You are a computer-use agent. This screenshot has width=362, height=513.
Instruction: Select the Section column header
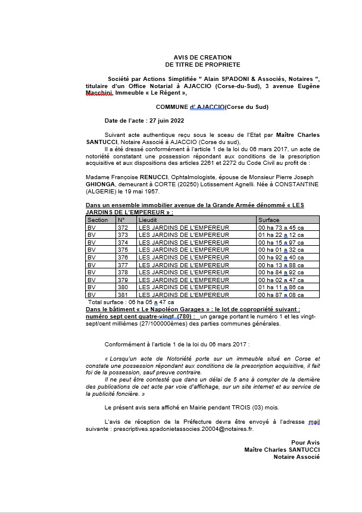click(98, 220)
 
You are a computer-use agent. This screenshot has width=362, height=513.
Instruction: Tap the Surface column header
click(269, 220)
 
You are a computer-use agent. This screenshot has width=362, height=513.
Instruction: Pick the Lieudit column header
click(148, 220)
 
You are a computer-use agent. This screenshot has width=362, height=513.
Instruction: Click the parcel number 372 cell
click(123, 227)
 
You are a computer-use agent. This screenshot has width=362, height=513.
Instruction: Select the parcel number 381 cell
click(123, 295)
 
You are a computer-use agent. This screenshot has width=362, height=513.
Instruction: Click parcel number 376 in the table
click(123, 257)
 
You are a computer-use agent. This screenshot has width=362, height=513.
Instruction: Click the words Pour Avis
click(305, 442)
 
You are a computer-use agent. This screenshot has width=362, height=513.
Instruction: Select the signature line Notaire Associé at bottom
click(297, 457)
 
